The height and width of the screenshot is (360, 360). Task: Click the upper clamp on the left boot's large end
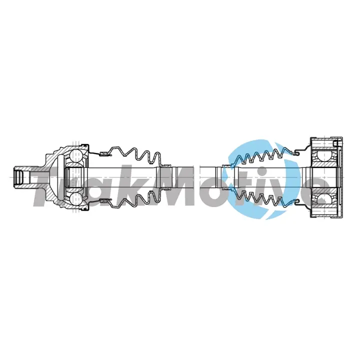point(105,153)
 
